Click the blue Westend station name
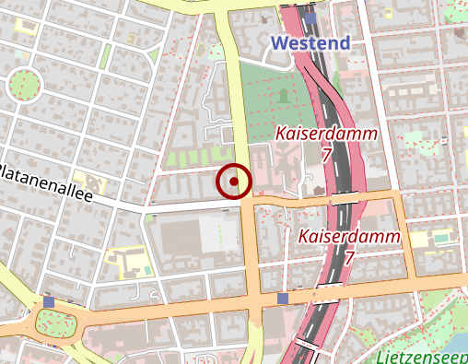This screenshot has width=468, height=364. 311,43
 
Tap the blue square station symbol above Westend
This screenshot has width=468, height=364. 311,17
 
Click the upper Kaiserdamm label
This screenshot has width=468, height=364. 326,135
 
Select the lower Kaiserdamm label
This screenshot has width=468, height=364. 349,237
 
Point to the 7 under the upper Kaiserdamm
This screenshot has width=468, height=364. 326,155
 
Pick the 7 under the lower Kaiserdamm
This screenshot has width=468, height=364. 349,258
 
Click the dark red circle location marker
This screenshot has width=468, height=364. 234,182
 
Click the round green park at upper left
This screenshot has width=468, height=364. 25,87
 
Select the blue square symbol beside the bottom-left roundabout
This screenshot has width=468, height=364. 49,302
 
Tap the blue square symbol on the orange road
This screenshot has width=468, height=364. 282,299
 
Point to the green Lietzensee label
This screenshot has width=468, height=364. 424,357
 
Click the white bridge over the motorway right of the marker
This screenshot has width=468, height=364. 345,197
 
